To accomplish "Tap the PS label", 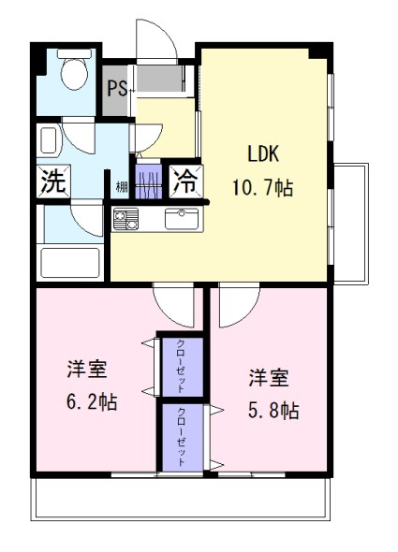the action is [x=117, y=88].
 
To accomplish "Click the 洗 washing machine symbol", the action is [x=53, y=181].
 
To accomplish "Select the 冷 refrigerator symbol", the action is [x=186, y=182].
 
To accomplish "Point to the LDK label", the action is [x=263, y=153].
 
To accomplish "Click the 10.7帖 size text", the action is [x=262, y=187].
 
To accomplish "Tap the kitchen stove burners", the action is [x=125, y=219].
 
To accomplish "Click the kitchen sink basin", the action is [x=182, y=219].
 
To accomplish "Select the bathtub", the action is [x=70, y=263].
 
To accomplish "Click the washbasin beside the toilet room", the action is [x=49, y=140].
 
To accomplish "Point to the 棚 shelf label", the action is [x=122, y=187].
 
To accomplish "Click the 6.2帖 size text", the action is [x=92, y=401].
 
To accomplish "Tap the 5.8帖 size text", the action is [x=273, y=410].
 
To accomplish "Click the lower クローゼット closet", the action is [x=183, y=437].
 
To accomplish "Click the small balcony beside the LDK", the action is [x=351, y=224].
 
